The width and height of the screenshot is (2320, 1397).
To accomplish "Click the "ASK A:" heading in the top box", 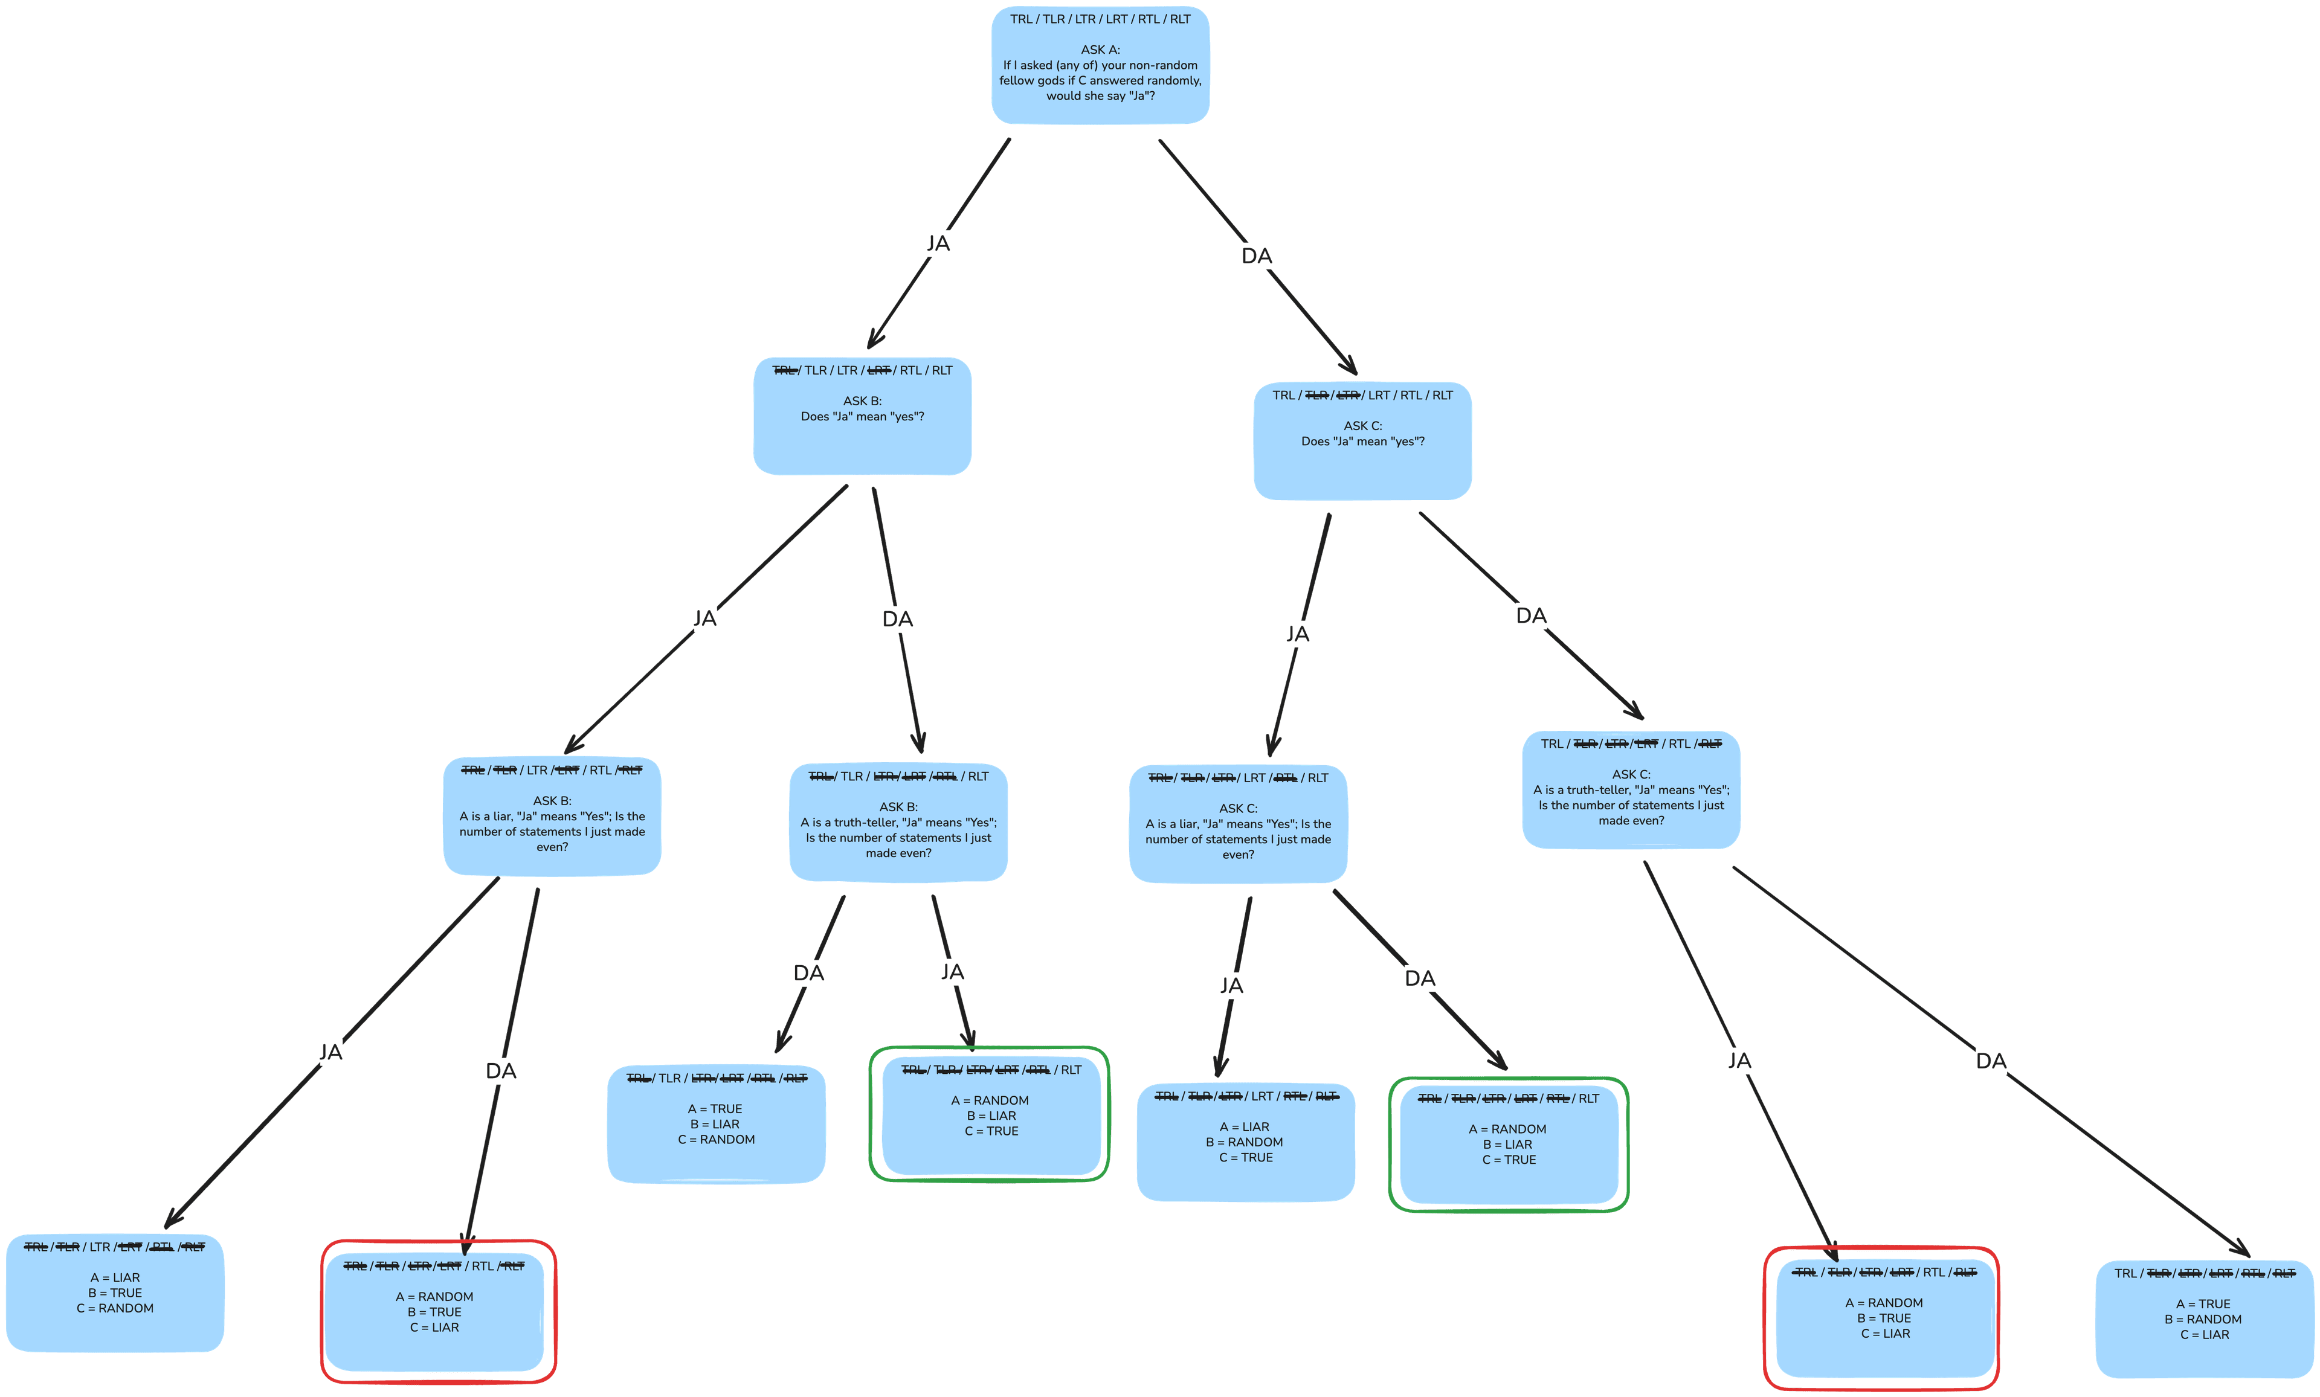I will coord(1100,50).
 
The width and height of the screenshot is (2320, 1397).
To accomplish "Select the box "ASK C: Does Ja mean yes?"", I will coord(1362,440).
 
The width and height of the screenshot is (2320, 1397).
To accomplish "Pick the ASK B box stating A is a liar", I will coord(552,816).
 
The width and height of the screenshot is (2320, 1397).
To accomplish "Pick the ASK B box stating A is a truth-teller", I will coord(898,823).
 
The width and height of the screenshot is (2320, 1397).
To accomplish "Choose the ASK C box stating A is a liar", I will coord(1237,824).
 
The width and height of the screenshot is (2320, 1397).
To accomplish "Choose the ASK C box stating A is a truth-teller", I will coord(1631,790).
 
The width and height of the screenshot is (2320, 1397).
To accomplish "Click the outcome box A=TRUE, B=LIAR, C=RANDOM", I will coord(715,1124).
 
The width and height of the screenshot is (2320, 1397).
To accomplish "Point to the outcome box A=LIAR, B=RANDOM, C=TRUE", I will coord(1245,1142).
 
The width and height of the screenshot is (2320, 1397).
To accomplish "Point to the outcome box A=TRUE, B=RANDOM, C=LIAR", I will coord(2203,1319).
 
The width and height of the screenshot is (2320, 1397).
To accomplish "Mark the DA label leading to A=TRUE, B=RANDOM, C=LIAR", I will coord(1991,1062).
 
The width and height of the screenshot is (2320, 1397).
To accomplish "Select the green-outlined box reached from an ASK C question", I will coord(1509,1144).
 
